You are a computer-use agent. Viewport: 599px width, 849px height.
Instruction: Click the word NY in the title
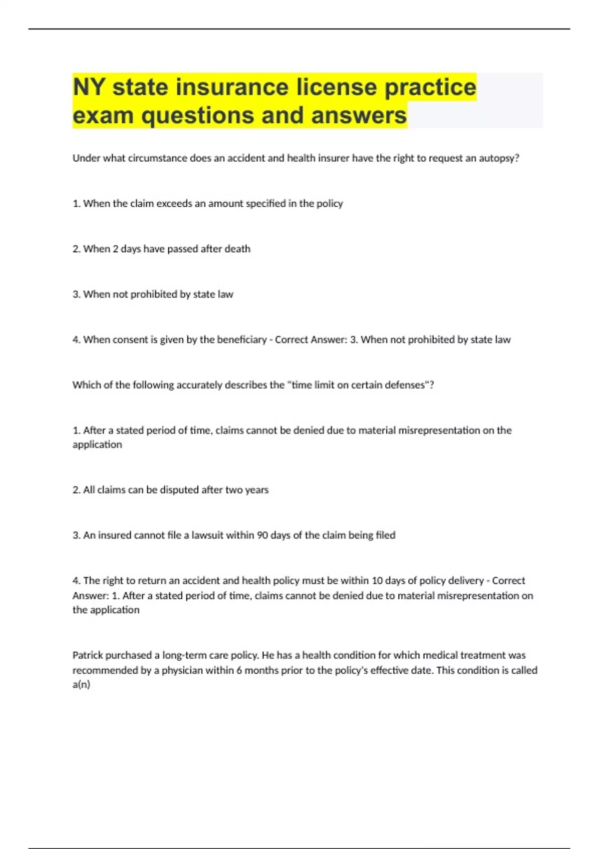click(89, 87)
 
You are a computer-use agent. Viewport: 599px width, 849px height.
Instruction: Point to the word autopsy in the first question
click(499, 158)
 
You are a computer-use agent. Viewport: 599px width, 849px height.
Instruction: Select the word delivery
click(462, 581)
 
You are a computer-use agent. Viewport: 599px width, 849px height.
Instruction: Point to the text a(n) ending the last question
click(81, 685)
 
